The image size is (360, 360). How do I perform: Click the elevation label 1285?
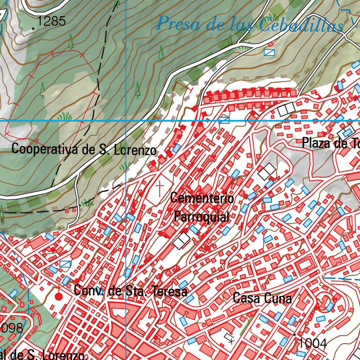click(51, 21)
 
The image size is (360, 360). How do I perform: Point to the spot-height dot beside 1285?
click(33, 28)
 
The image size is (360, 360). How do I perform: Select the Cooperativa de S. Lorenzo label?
click(84, 149)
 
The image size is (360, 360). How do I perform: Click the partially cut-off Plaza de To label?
click(330, 143)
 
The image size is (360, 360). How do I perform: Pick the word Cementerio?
click(202, 198)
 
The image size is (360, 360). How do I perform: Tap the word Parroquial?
click(202, 216)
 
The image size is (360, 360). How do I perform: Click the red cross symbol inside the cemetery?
click(160, 188)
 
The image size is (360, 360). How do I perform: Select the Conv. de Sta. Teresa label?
click(130, 291)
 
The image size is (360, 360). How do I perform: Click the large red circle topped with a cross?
click(59, 297)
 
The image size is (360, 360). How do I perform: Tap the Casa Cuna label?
click(262, 298)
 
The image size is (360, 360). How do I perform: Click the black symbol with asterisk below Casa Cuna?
click(230, 338)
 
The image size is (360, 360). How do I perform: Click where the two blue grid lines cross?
click(126, 121)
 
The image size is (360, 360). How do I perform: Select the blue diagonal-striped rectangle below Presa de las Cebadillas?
click(269, 52)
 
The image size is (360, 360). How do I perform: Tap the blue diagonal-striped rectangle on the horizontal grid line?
click(224, 120)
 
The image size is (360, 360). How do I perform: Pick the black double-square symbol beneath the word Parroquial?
click(182, 241)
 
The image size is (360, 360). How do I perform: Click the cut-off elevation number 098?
click(11, 328)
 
